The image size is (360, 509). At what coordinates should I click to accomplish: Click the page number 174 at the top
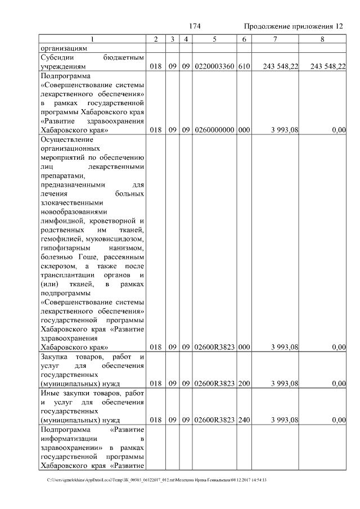[x=195, y=26]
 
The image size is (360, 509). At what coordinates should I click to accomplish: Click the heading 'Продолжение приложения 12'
[x=293, y=26]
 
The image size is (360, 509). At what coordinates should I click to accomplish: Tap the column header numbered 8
[x=322, y=39]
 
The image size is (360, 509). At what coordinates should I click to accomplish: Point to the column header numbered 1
[x=93, y=39]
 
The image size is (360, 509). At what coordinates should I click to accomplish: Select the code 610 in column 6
[x=244, y=66]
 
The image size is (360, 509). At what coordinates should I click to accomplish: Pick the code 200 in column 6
[x=244, y=384]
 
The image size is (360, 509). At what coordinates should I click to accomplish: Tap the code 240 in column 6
[x=244, y=420]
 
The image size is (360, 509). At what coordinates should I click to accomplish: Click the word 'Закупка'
[x=55, y=357]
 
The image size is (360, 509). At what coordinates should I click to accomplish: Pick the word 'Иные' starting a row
[x=49, y=393]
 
